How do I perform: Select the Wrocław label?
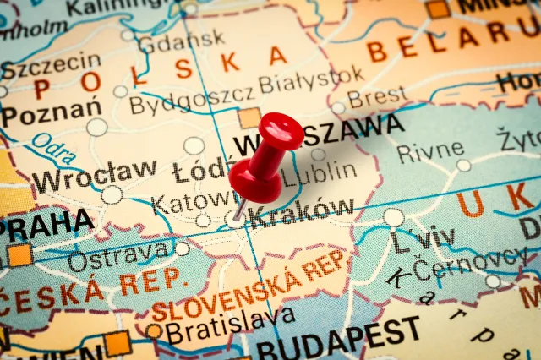pyautogui.click(x=94, y=175)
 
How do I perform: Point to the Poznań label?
pyautogui.click(x=51, y=111)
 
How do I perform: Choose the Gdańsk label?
pyautogui.click(x=181, y=40)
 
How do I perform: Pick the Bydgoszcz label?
pyautogui.click(x=190, y=102)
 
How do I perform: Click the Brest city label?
pyautogui.click(x=377, y=98)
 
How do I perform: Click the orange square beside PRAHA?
pyautogui.click(x=19, y=254)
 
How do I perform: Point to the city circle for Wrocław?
pyautogui.click(x=112, y=195)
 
